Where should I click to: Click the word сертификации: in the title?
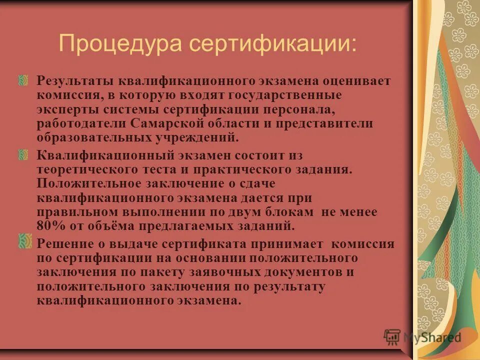coord(273,44)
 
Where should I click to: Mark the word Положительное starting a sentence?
coord(83,183)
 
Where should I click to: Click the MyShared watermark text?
coord(431,338)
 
